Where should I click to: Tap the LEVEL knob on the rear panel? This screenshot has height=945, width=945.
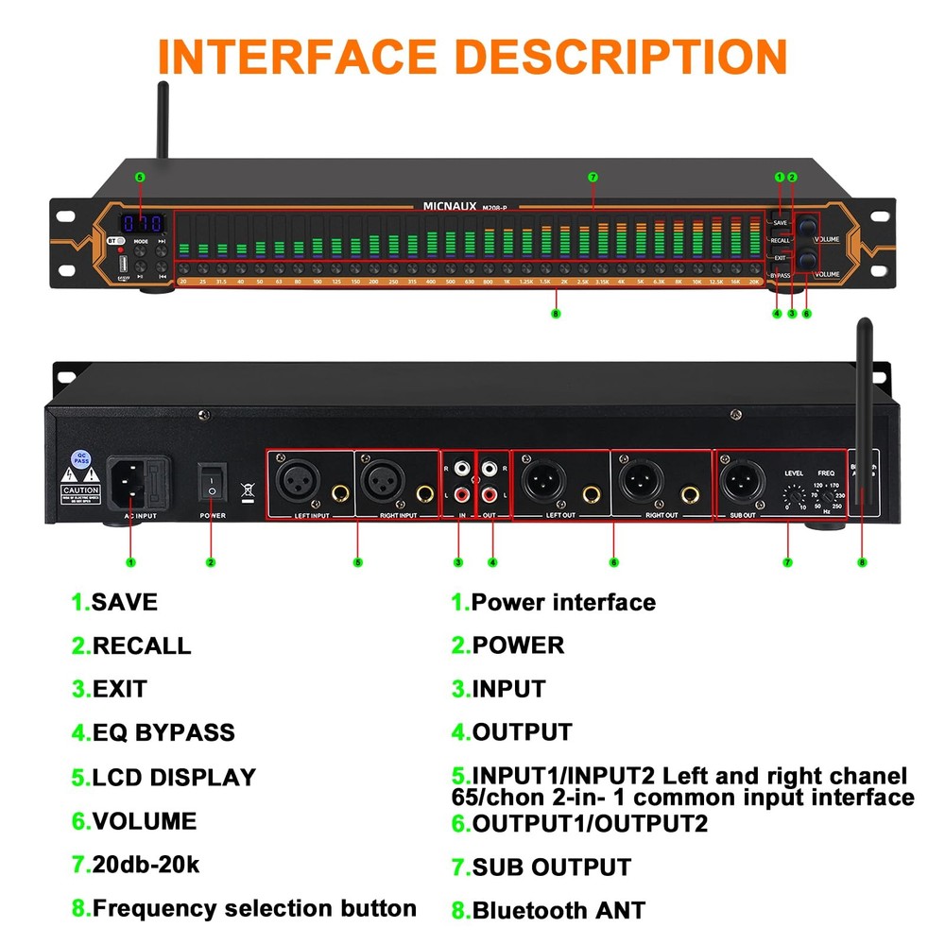click(793, 494)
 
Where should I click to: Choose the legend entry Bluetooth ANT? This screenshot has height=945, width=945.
click(558, 911)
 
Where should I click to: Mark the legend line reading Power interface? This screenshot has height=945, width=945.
click(563, 602)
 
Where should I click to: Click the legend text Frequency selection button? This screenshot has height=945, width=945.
click(254, 909)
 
